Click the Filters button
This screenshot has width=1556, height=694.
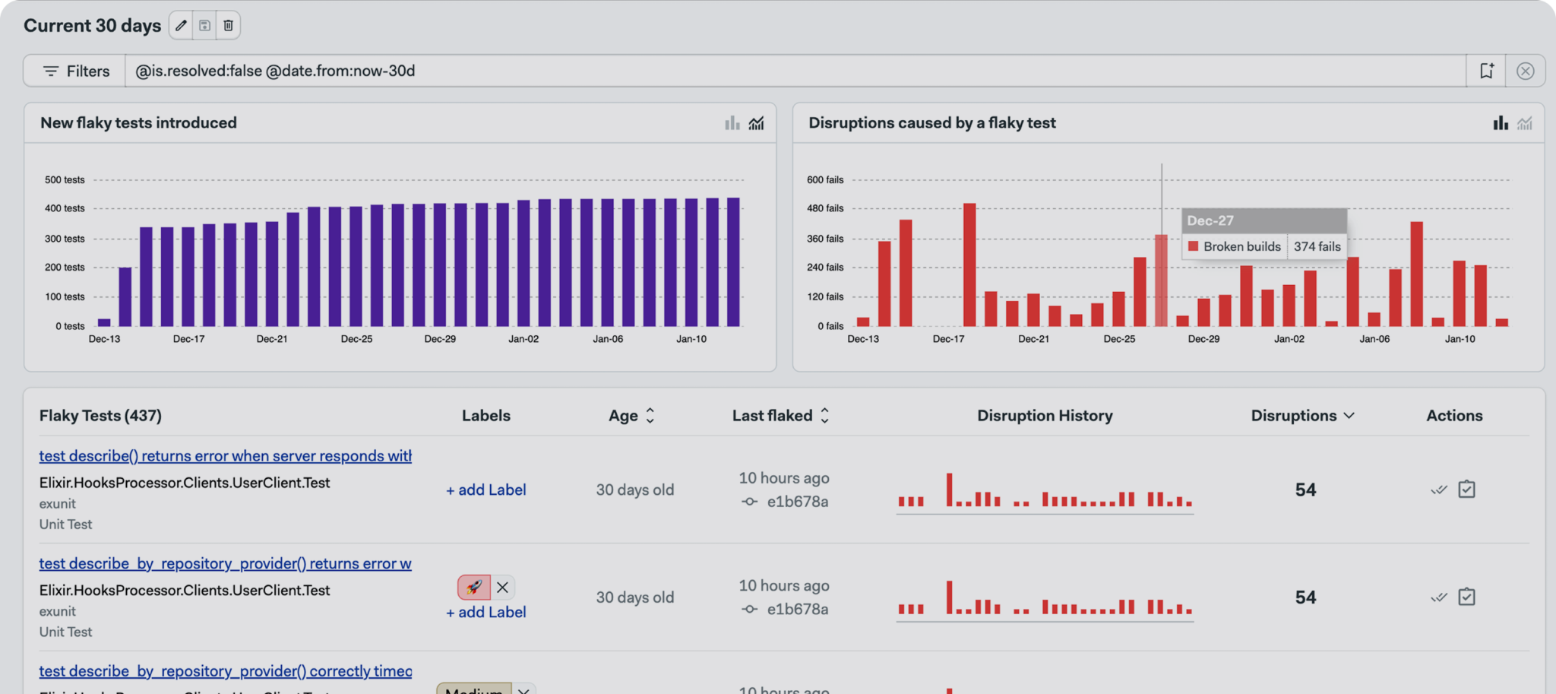point(75,71)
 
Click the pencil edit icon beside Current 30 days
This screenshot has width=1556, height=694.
point(181,26)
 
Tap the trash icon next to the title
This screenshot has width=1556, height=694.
point(228,26)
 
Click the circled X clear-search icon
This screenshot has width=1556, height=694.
point(1524,71)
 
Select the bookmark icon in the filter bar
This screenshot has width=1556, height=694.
point(1486,71)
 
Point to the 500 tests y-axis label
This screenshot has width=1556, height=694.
point(65,180)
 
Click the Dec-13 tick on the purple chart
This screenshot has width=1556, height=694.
point(104,339)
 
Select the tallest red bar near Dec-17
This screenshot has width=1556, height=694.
point(969,265)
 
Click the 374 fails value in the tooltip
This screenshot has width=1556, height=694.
point(1317,246)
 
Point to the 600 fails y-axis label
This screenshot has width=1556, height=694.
point(825,180)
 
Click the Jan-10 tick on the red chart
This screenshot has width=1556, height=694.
point(1460,339)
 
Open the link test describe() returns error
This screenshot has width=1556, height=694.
point(225,456)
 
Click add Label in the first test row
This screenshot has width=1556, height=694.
point(485,490)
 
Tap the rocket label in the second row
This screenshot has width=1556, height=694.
point(473,587)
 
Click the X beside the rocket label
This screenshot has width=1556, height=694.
point(502,587)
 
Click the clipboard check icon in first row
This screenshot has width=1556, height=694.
point(1466,490)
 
